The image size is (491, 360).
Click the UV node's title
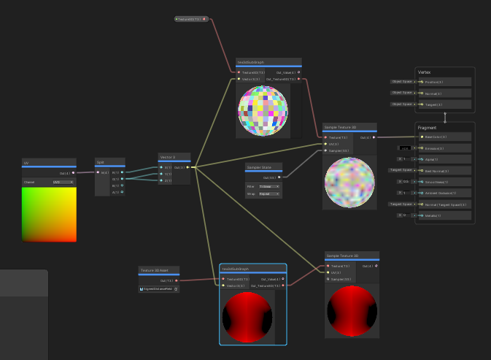tap(27, 162)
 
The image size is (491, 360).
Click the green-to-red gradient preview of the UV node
tap(49, 214)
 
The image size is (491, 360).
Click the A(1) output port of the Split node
tap(123, 192)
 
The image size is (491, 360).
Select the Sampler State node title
tap(255, 167)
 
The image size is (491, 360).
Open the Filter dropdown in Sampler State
tap(269, 187)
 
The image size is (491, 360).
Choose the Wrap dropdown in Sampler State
tap(269, 194)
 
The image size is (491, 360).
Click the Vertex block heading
tap(424, 72)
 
